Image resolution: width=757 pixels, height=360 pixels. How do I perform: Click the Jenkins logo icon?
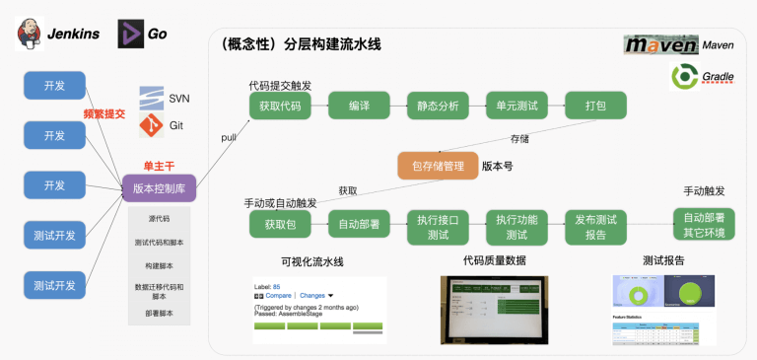click(31, 34)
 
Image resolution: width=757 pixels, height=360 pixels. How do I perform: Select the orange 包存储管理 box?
click(437, 166)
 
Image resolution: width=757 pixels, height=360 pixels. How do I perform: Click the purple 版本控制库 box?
click(159, 188)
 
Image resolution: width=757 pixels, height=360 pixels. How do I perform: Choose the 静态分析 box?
click(438, 106)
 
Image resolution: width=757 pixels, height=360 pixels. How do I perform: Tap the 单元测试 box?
click(516, 106)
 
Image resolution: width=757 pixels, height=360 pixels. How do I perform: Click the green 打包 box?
click(595, 106)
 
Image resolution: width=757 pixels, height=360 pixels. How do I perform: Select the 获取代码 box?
click(280, 106)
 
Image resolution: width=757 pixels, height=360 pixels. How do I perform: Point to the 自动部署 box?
click(358, 225)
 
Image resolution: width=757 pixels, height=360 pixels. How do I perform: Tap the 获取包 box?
click(280, 225)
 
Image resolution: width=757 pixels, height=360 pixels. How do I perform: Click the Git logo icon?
click(150, 125)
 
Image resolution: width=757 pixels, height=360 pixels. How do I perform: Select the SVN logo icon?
click(151, 98)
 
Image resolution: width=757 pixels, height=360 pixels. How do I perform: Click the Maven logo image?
click(660, 44)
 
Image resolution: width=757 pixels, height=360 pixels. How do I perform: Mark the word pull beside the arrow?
click(229, 135)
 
